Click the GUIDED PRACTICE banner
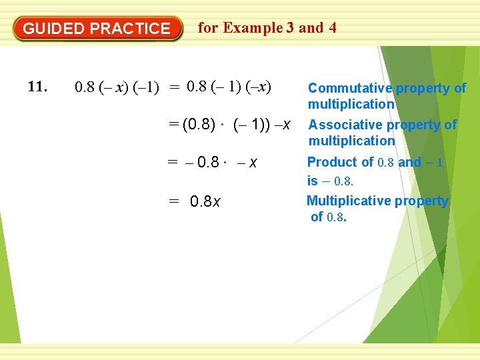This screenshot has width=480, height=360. (97, 29)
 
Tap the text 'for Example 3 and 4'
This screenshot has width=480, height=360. (267, 28)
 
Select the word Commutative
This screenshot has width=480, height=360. (350, 88)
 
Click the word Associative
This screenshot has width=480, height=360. (347, 125)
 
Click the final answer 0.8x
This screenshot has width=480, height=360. (206, 201)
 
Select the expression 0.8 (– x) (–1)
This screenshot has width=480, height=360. (117, 87)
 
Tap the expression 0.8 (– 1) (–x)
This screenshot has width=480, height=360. (229, 87)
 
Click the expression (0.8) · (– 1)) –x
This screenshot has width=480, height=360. (234, 124)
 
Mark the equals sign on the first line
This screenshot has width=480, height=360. (174, 87)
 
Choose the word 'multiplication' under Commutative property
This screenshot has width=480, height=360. (351, 104)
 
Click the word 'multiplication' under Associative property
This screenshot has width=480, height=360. (351, 141)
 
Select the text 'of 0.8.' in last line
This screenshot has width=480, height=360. (329, 217)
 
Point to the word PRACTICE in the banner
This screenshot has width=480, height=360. (130, 29)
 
